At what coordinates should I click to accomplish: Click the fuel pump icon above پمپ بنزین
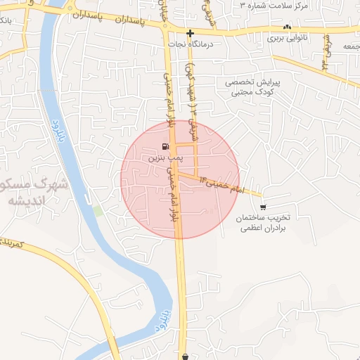[165, 147]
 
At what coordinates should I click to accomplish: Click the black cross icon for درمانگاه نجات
[190, 33]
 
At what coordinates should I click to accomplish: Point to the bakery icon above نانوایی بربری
[287, 27]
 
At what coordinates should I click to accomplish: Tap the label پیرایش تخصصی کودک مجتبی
[252, 87]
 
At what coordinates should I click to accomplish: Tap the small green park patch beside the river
[98, 210]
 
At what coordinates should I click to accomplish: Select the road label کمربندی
[14, 243]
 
